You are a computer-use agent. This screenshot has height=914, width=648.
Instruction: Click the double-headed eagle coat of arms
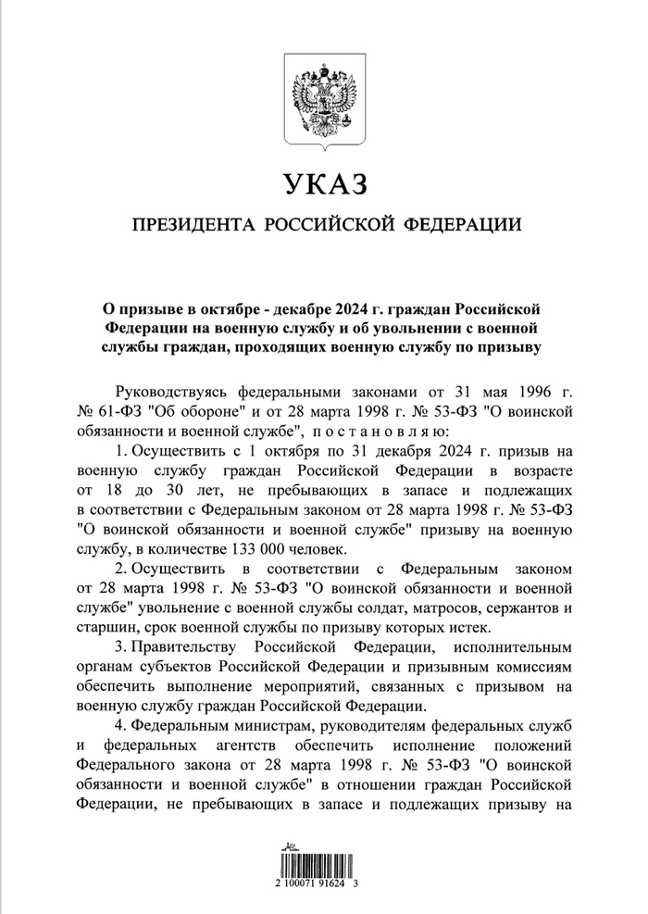pos(324,102)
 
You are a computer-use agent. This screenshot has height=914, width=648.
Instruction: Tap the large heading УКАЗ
pos(324,183)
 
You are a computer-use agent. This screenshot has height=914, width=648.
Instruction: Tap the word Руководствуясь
pos(169,390)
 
